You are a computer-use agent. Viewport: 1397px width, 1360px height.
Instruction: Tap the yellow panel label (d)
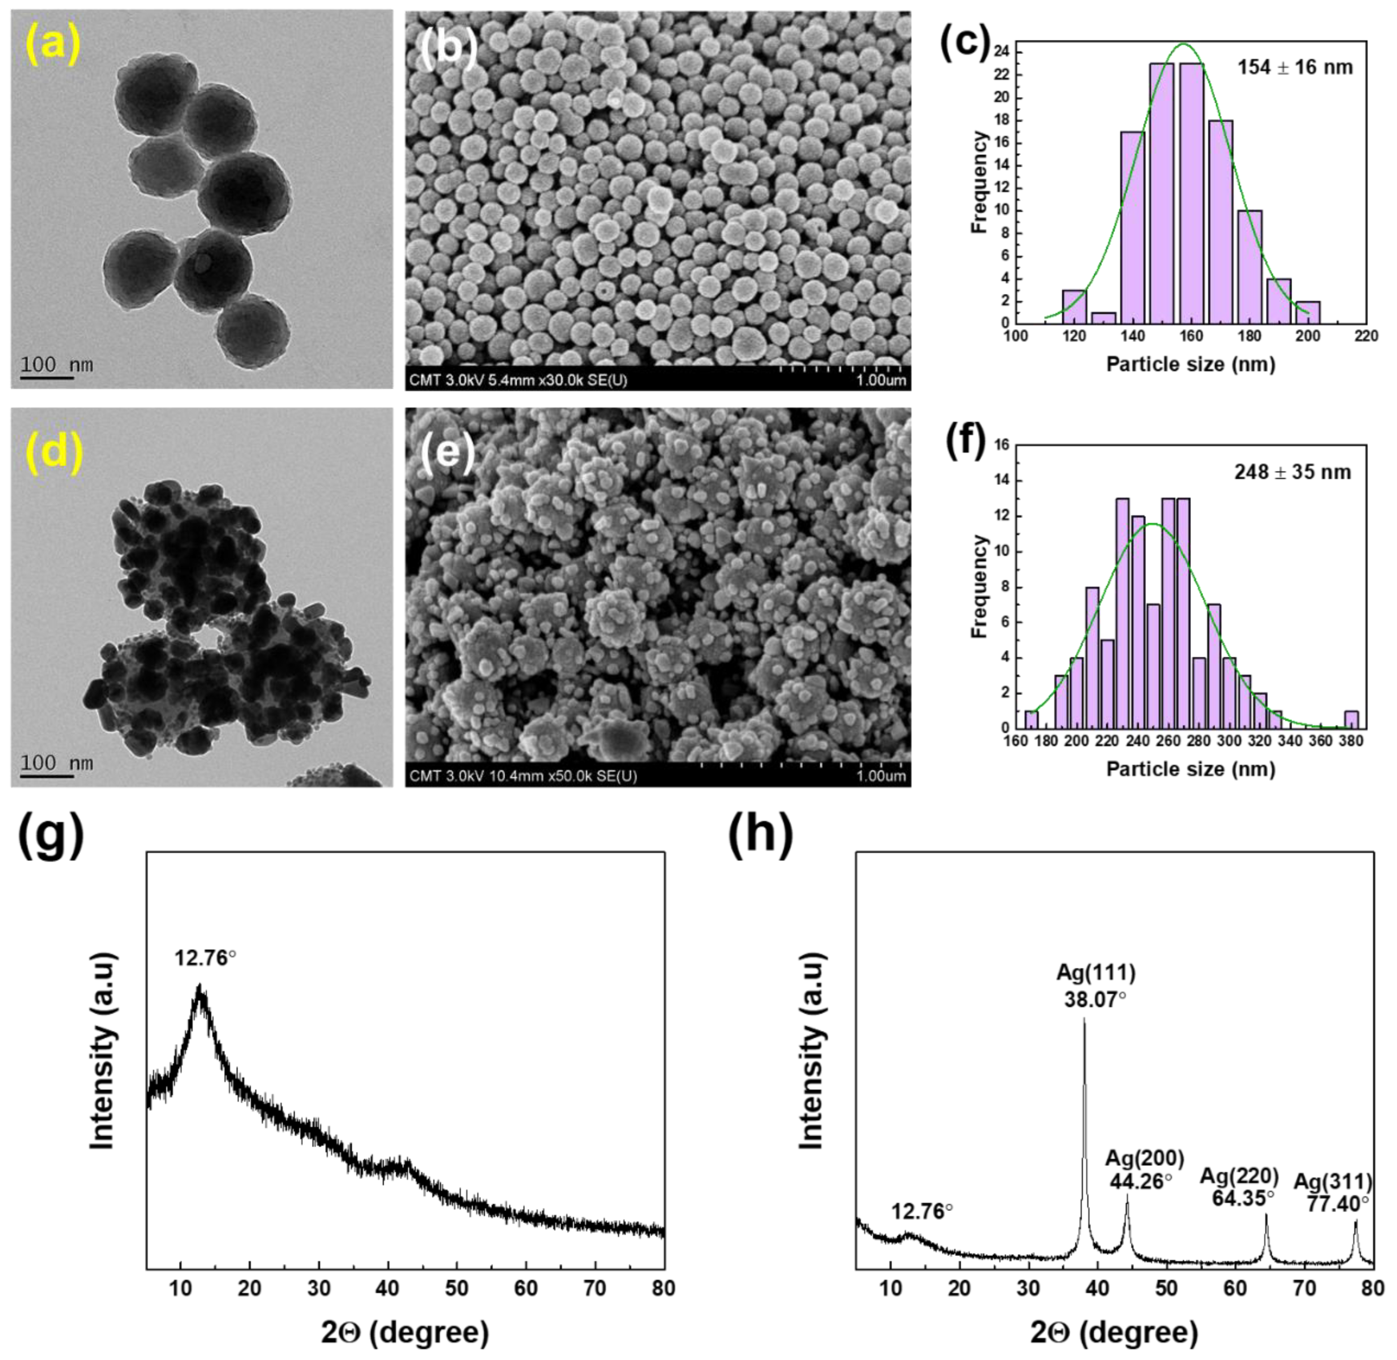pos(54,452)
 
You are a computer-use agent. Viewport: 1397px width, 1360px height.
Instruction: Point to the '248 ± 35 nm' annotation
pos(1293,472)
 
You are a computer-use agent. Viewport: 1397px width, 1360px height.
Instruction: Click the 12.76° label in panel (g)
pos(206,958)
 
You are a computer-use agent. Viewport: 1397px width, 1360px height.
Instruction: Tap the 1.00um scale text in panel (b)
pos(881,380)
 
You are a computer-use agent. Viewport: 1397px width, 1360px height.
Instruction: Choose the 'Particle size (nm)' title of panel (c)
pos(1191,364)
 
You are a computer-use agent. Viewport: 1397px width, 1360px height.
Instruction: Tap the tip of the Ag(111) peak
pos(1084,1019)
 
